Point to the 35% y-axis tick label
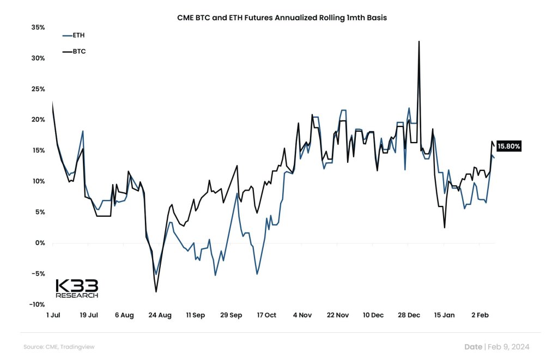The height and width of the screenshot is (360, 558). pos(37,27)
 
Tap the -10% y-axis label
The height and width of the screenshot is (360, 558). pos(36,304)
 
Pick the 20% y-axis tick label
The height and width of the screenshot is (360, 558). pos(37,120)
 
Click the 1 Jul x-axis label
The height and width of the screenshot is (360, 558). pos(53,315)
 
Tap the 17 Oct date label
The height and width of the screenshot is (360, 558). pos(266,315)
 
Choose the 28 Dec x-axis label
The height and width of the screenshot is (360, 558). pos(409,315)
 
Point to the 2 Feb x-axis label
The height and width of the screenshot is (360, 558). pos(480,315)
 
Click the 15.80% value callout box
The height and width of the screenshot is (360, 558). pos(509,146)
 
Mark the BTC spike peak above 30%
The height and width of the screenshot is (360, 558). pos(419,41)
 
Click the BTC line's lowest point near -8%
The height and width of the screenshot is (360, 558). pos(156,292)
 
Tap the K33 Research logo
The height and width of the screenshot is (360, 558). pos(77,289)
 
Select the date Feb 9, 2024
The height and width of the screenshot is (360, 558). pos(508,347)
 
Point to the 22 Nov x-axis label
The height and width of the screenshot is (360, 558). pos(338,315)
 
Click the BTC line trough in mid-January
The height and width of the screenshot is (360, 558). pos(445,227)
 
